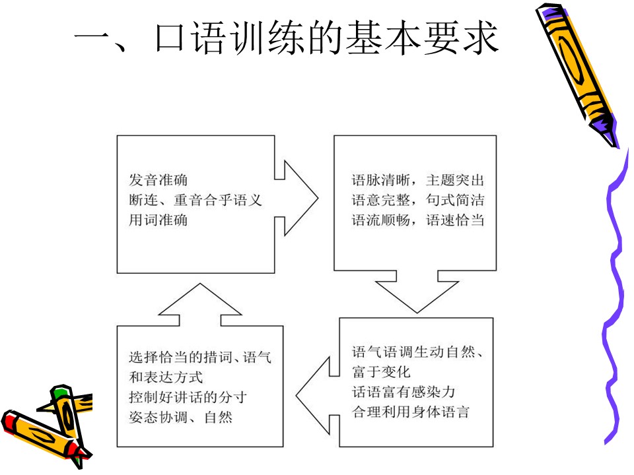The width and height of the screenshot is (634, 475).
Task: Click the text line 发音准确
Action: pyautogui.click(x=158, y=179)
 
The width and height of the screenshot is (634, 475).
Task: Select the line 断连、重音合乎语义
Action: pyautogui.click(x=195, y=200)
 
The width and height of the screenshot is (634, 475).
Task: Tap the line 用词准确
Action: pyautogui.click(x=158, y=220)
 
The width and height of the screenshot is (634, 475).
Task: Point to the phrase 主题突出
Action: pyautogui.click(x=455, y=179)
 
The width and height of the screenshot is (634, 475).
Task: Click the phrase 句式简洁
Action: pyautogui.click(x=455, y=200)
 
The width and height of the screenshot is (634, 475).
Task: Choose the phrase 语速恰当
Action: pyautogui.click(x=455, y=220)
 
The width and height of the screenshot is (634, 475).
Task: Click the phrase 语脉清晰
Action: pyautogui.click(x=381, y=179)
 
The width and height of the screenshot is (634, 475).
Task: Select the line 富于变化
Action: pyautogui.click(x=381, y=371)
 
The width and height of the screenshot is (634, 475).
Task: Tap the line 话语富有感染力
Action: pyautogui.click(x=404, y=392)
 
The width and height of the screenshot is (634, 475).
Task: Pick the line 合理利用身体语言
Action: pyautogui.click(x=411, y=412)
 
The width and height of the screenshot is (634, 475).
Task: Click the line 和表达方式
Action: pyautogui.click(x=166, y=377)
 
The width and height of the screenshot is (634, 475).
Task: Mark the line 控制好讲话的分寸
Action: pyautogui.click(x=188, y=397)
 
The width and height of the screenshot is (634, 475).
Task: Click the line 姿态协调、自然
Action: pyautogui.click(x=181, y=417)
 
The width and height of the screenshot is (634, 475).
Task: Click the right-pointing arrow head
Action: pyautogui.click(x=301, y=198)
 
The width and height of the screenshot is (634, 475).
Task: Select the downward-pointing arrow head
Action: pyautogui.click(x=417, y=297)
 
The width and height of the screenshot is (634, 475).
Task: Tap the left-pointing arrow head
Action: pyautogui.click(x=312, y=396)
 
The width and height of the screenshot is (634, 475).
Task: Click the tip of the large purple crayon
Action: pyautogui.click(x=615, y=144)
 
